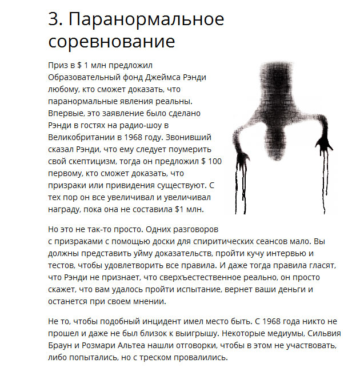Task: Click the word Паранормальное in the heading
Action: click(147, 20)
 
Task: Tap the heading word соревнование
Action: click(111, 42)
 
